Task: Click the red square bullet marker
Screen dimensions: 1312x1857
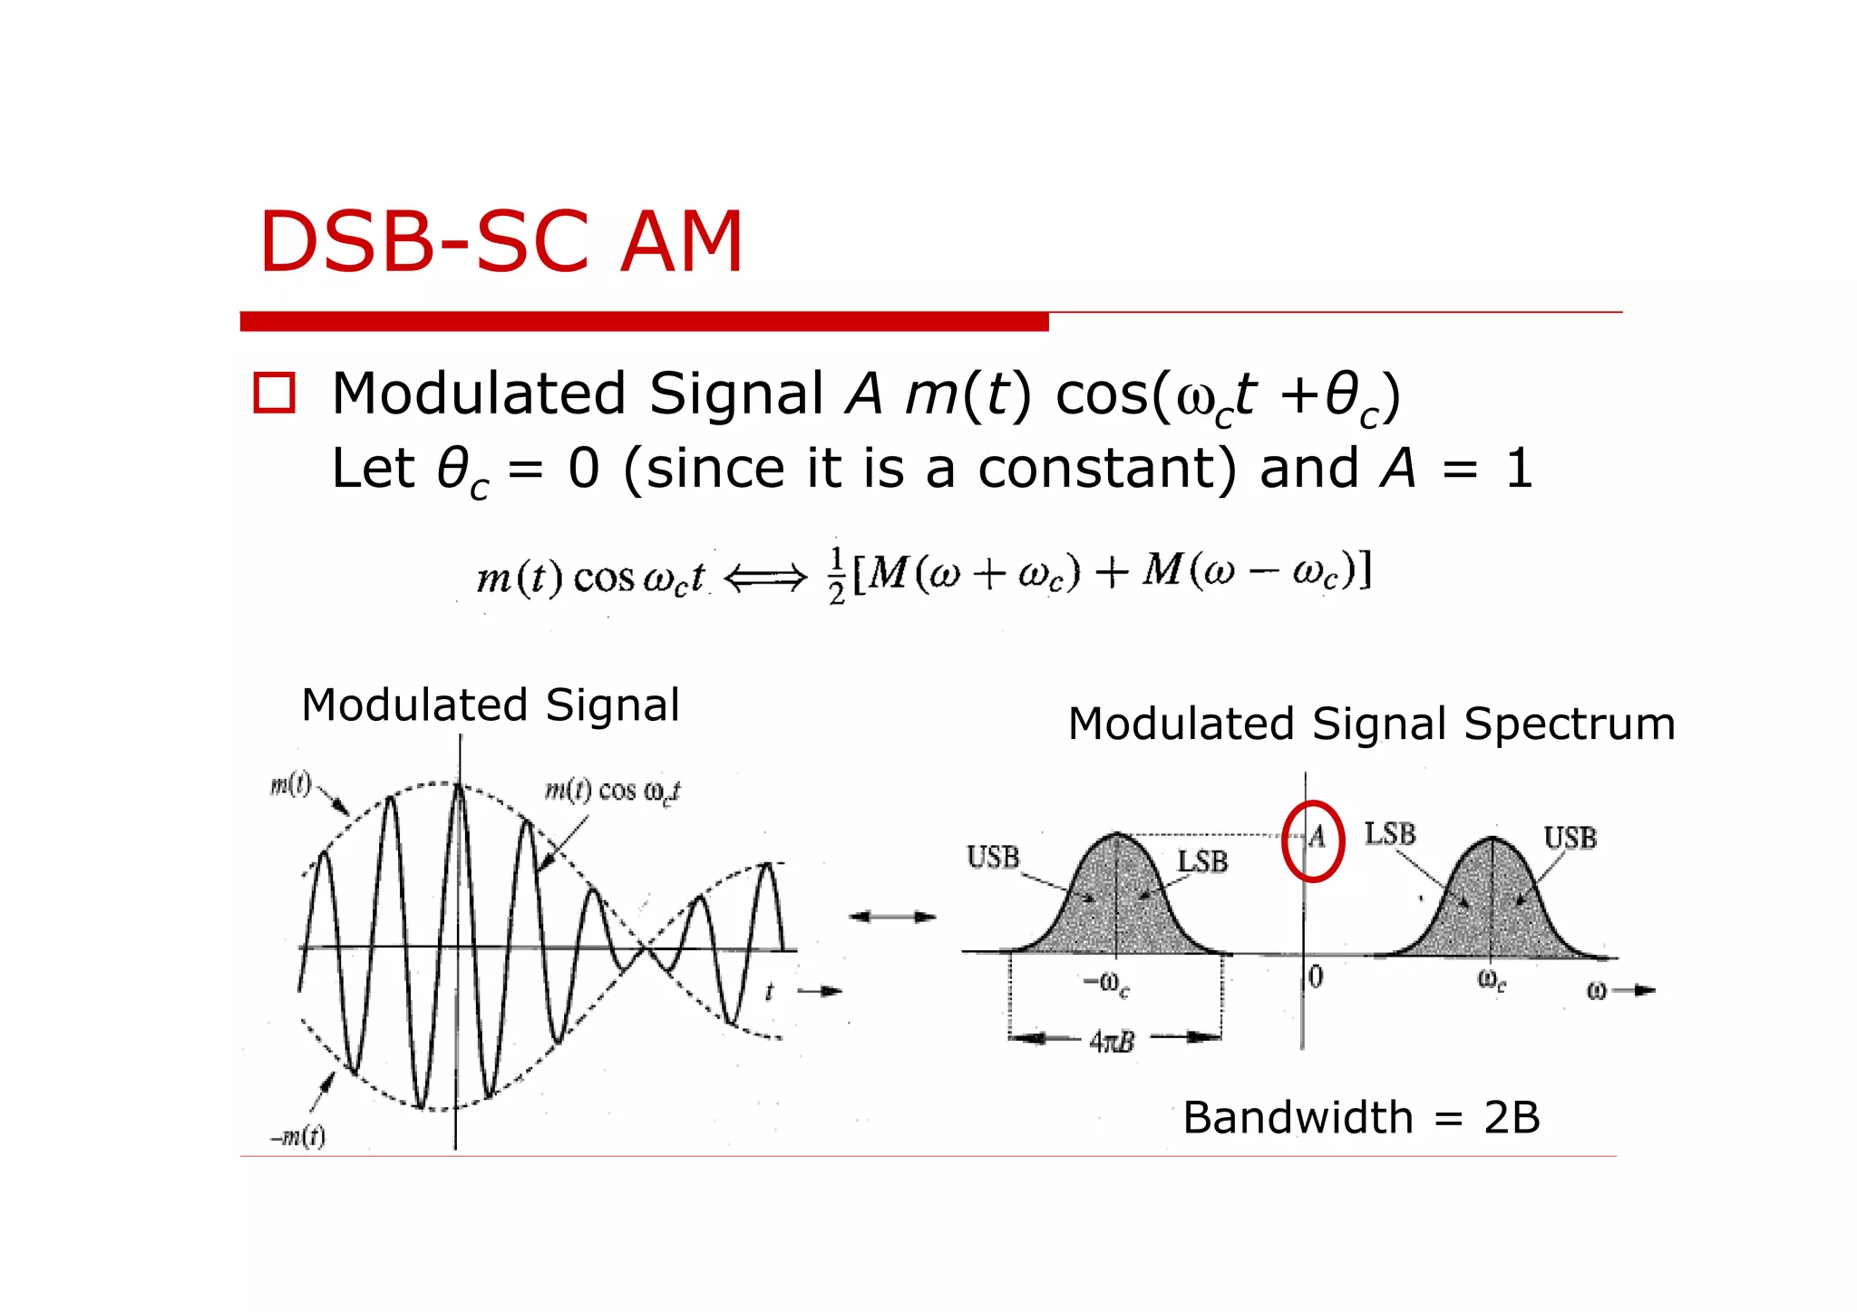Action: pos(274,394)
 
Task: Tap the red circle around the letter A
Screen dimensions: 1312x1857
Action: pos(1312,841)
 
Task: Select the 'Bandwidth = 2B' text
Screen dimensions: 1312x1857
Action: pos(1361,1117)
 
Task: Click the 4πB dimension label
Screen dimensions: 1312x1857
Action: pos(1113,1042)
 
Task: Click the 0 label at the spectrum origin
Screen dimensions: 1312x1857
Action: pos(1317,977)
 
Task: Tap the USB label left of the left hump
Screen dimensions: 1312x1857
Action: pos(993,857)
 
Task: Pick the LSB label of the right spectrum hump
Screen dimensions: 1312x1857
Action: pos(1390,833)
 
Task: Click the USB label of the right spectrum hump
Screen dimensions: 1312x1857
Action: pos(1570,838)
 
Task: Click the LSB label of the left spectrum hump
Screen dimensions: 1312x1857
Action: pos(1202,861)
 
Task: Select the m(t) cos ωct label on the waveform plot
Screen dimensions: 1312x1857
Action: pos(612,792)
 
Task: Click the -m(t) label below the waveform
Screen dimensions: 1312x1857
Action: pos(298,1136)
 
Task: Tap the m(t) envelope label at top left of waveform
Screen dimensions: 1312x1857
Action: pos(290,784)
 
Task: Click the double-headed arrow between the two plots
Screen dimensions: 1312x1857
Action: pos(892,917)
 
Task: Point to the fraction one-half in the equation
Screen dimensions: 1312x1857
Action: pos(837,576)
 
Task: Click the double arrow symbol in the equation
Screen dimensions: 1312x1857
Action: pos(766,577)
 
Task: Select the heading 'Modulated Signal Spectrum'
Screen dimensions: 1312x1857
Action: pos(1371,724)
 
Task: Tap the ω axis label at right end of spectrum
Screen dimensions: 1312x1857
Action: pos(1597,991)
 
